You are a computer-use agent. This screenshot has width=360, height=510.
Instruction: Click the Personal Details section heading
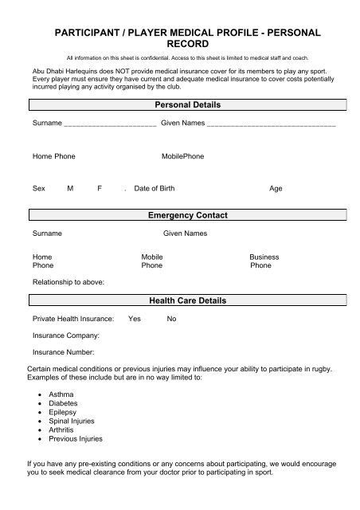(x=187, y=105)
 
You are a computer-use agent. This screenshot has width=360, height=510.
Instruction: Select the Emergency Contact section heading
(x=188, y=215)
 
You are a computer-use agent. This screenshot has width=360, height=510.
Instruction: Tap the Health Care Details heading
(x=188, y=300)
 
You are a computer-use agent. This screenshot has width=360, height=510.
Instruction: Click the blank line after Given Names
(x=271, y=125)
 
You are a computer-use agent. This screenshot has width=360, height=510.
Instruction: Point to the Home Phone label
(x=54, y=156)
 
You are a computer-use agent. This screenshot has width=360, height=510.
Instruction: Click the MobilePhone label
(x=183, y=156)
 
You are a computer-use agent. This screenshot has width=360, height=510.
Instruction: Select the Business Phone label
(x=264, y=261)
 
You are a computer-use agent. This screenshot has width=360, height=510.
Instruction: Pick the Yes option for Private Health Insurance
(x=135, y=319)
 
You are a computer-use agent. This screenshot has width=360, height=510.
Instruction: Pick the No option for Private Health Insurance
(x=171, y=319)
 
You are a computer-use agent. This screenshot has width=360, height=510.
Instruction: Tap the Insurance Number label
(x=64, y=351)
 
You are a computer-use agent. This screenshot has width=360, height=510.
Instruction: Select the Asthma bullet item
(x=61, y=394)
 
